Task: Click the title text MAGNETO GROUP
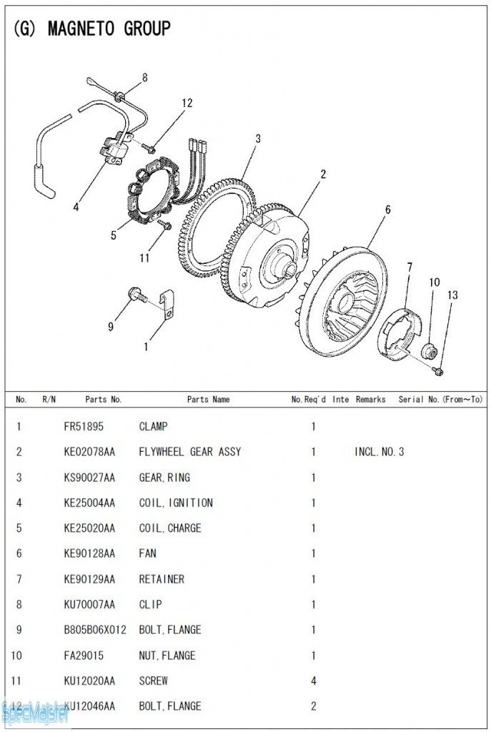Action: click(109, 29)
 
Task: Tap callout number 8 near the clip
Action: click(145, 77)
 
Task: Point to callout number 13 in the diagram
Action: click(452, 295)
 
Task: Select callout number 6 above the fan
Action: click(388, 210)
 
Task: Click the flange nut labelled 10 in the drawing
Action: click(430, 351)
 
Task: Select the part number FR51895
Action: click(84, 427)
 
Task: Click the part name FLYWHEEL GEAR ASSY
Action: click(189, 452)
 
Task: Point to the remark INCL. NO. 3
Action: click(379, 452)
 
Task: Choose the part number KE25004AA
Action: click(89, 503)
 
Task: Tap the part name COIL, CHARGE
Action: click(169, 528)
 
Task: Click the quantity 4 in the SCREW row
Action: click(313, 681)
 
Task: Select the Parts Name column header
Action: click(208, 400)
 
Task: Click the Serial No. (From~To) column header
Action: click(440, 400)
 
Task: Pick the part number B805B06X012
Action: click(94, 630)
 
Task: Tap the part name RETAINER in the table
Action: click(162, 579)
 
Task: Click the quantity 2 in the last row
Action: click(313, 706)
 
